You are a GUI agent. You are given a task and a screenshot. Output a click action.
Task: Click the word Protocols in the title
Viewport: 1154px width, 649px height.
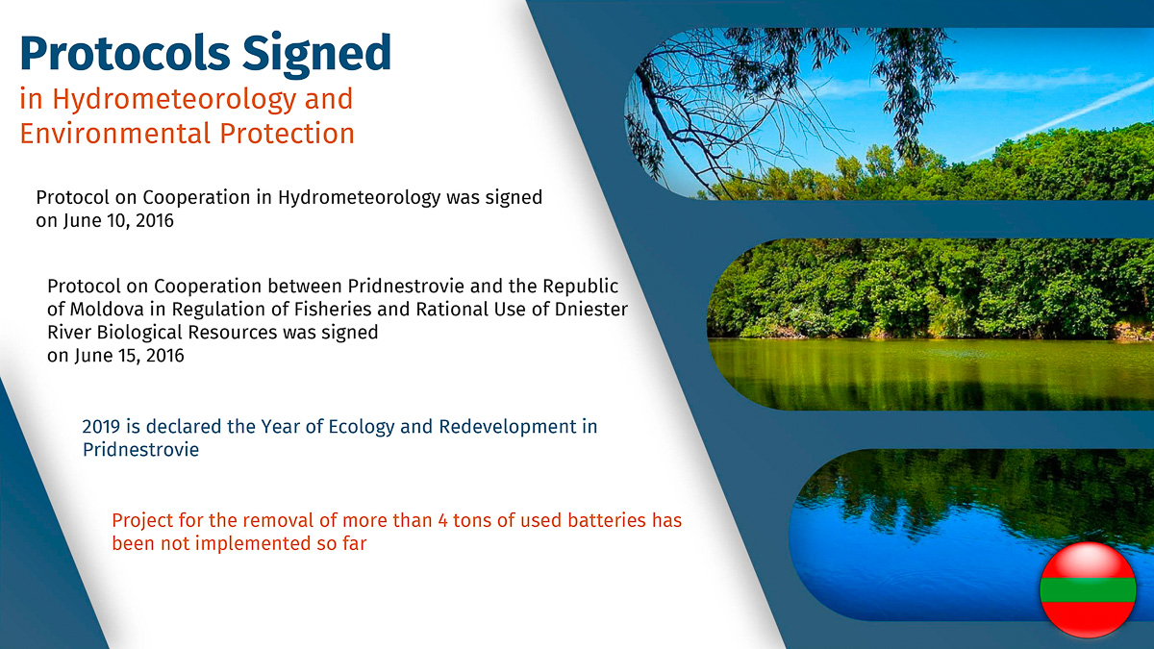[125, 53]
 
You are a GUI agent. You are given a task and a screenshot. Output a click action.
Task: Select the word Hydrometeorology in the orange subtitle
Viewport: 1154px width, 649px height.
[174, 100]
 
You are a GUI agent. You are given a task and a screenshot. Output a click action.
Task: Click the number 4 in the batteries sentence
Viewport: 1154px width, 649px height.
[443, 521]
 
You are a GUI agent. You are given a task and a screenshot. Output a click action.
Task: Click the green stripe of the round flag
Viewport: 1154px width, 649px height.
[1088, 589]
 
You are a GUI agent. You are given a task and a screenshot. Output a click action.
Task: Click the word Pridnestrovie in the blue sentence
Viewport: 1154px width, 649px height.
[140, 450]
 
